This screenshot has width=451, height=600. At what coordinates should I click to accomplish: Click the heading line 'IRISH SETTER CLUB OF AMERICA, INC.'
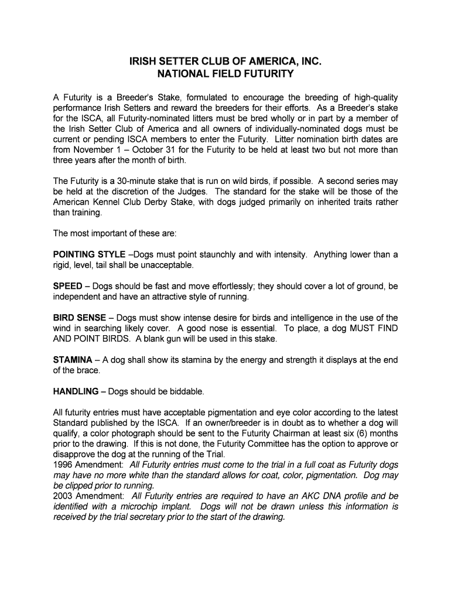(x=225, y=62)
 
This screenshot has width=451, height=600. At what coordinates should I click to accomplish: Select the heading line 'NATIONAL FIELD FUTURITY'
(x=225, y=74)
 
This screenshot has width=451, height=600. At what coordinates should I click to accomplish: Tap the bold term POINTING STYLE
(x=89, y=255)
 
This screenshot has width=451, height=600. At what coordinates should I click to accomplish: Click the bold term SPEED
(x=67, y=287)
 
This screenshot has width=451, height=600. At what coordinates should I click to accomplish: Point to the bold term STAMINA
(x=73, y=360)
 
